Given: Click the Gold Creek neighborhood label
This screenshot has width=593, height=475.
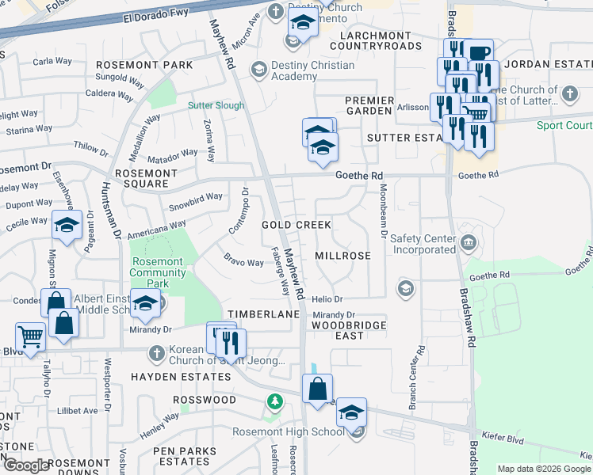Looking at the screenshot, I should (296, 225).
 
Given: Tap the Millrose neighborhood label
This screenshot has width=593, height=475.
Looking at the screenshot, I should (342, 256).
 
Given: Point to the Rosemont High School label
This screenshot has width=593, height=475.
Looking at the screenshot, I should (289, 431).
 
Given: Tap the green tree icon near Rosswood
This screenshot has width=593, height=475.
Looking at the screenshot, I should (274, 402).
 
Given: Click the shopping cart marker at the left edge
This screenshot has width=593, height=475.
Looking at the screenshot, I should (31, 336).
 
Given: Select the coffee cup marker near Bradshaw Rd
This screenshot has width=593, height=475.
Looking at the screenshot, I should (478, 54).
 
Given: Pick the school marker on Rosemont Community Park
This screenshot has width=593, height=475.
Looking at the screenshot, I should (145, 302).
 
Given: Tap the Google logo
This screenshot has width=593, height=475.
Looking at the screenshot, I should (27, 465).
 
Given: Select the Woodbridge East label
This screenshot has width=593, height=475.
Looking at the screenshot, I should (349, 330).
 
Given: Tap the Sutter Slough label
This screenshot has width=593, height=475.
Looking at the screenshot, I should (216, 105).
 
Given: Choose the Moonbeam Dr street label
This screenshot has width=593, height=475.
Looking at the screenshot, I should (384, 211).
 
